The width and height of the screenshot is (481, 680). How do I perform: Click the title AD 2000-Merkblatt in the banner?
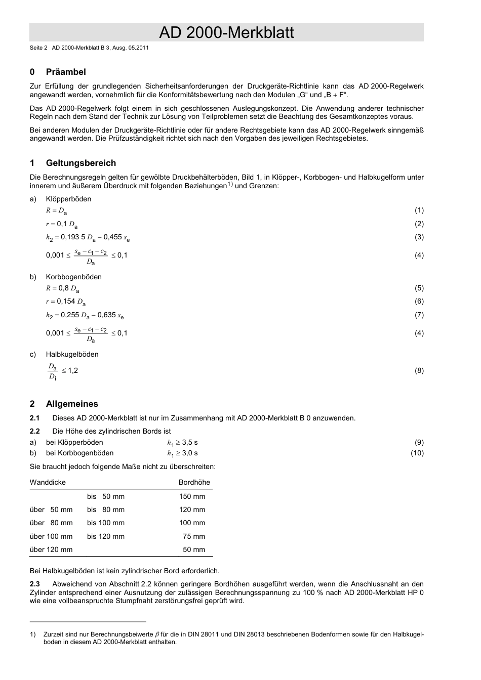tap(226, 32)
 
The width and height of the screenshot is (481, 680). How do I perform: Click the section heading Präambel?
tap(66, 72)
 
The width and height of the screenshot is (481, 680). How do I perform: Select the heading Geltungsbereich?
tap(81, 163)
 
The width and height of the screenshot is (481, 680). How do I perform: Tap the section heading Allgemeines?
tap(72, 404)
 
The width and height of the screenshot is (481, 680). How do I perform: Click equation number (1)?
tap(419, 210)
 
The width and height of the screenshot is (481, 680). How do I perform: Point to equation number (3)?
tap(419, 237)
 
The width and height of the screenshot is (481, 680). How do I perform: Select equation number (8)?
tap(419, 370)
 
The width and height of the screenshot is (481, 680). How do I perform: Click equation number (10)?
tap(417, 453)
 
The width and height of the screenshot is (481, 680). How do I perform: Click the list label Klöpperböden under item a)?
tap(68, 199)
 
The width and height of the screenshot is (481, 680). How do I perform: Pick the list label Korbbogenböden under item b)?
tap(73, 277)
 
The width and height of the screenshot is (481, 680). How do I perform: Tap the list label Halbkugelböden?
tap(72, 354)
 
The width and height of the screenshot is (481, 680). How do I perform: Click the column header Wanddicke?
tap(48, 482)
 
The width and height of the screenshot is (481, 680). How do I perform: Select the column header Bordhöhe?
tap(194, 482)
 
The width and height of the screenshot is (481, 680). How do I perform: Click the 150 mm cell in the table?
tap(192, 496)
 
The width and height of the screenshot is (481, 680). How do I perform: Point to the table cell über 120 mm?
tap(51, 549)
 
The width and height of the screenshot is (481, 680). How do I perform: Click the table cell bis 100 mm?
tap(105, 523)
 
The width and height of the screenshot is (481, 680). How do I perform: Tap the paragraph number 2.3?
tap(35, 584)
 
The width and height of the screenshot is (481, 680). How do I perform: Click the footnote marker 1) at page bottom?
tap(33, 634)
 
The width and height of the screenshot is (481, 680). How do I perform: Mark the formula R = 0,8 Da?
tap(62, 288)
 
